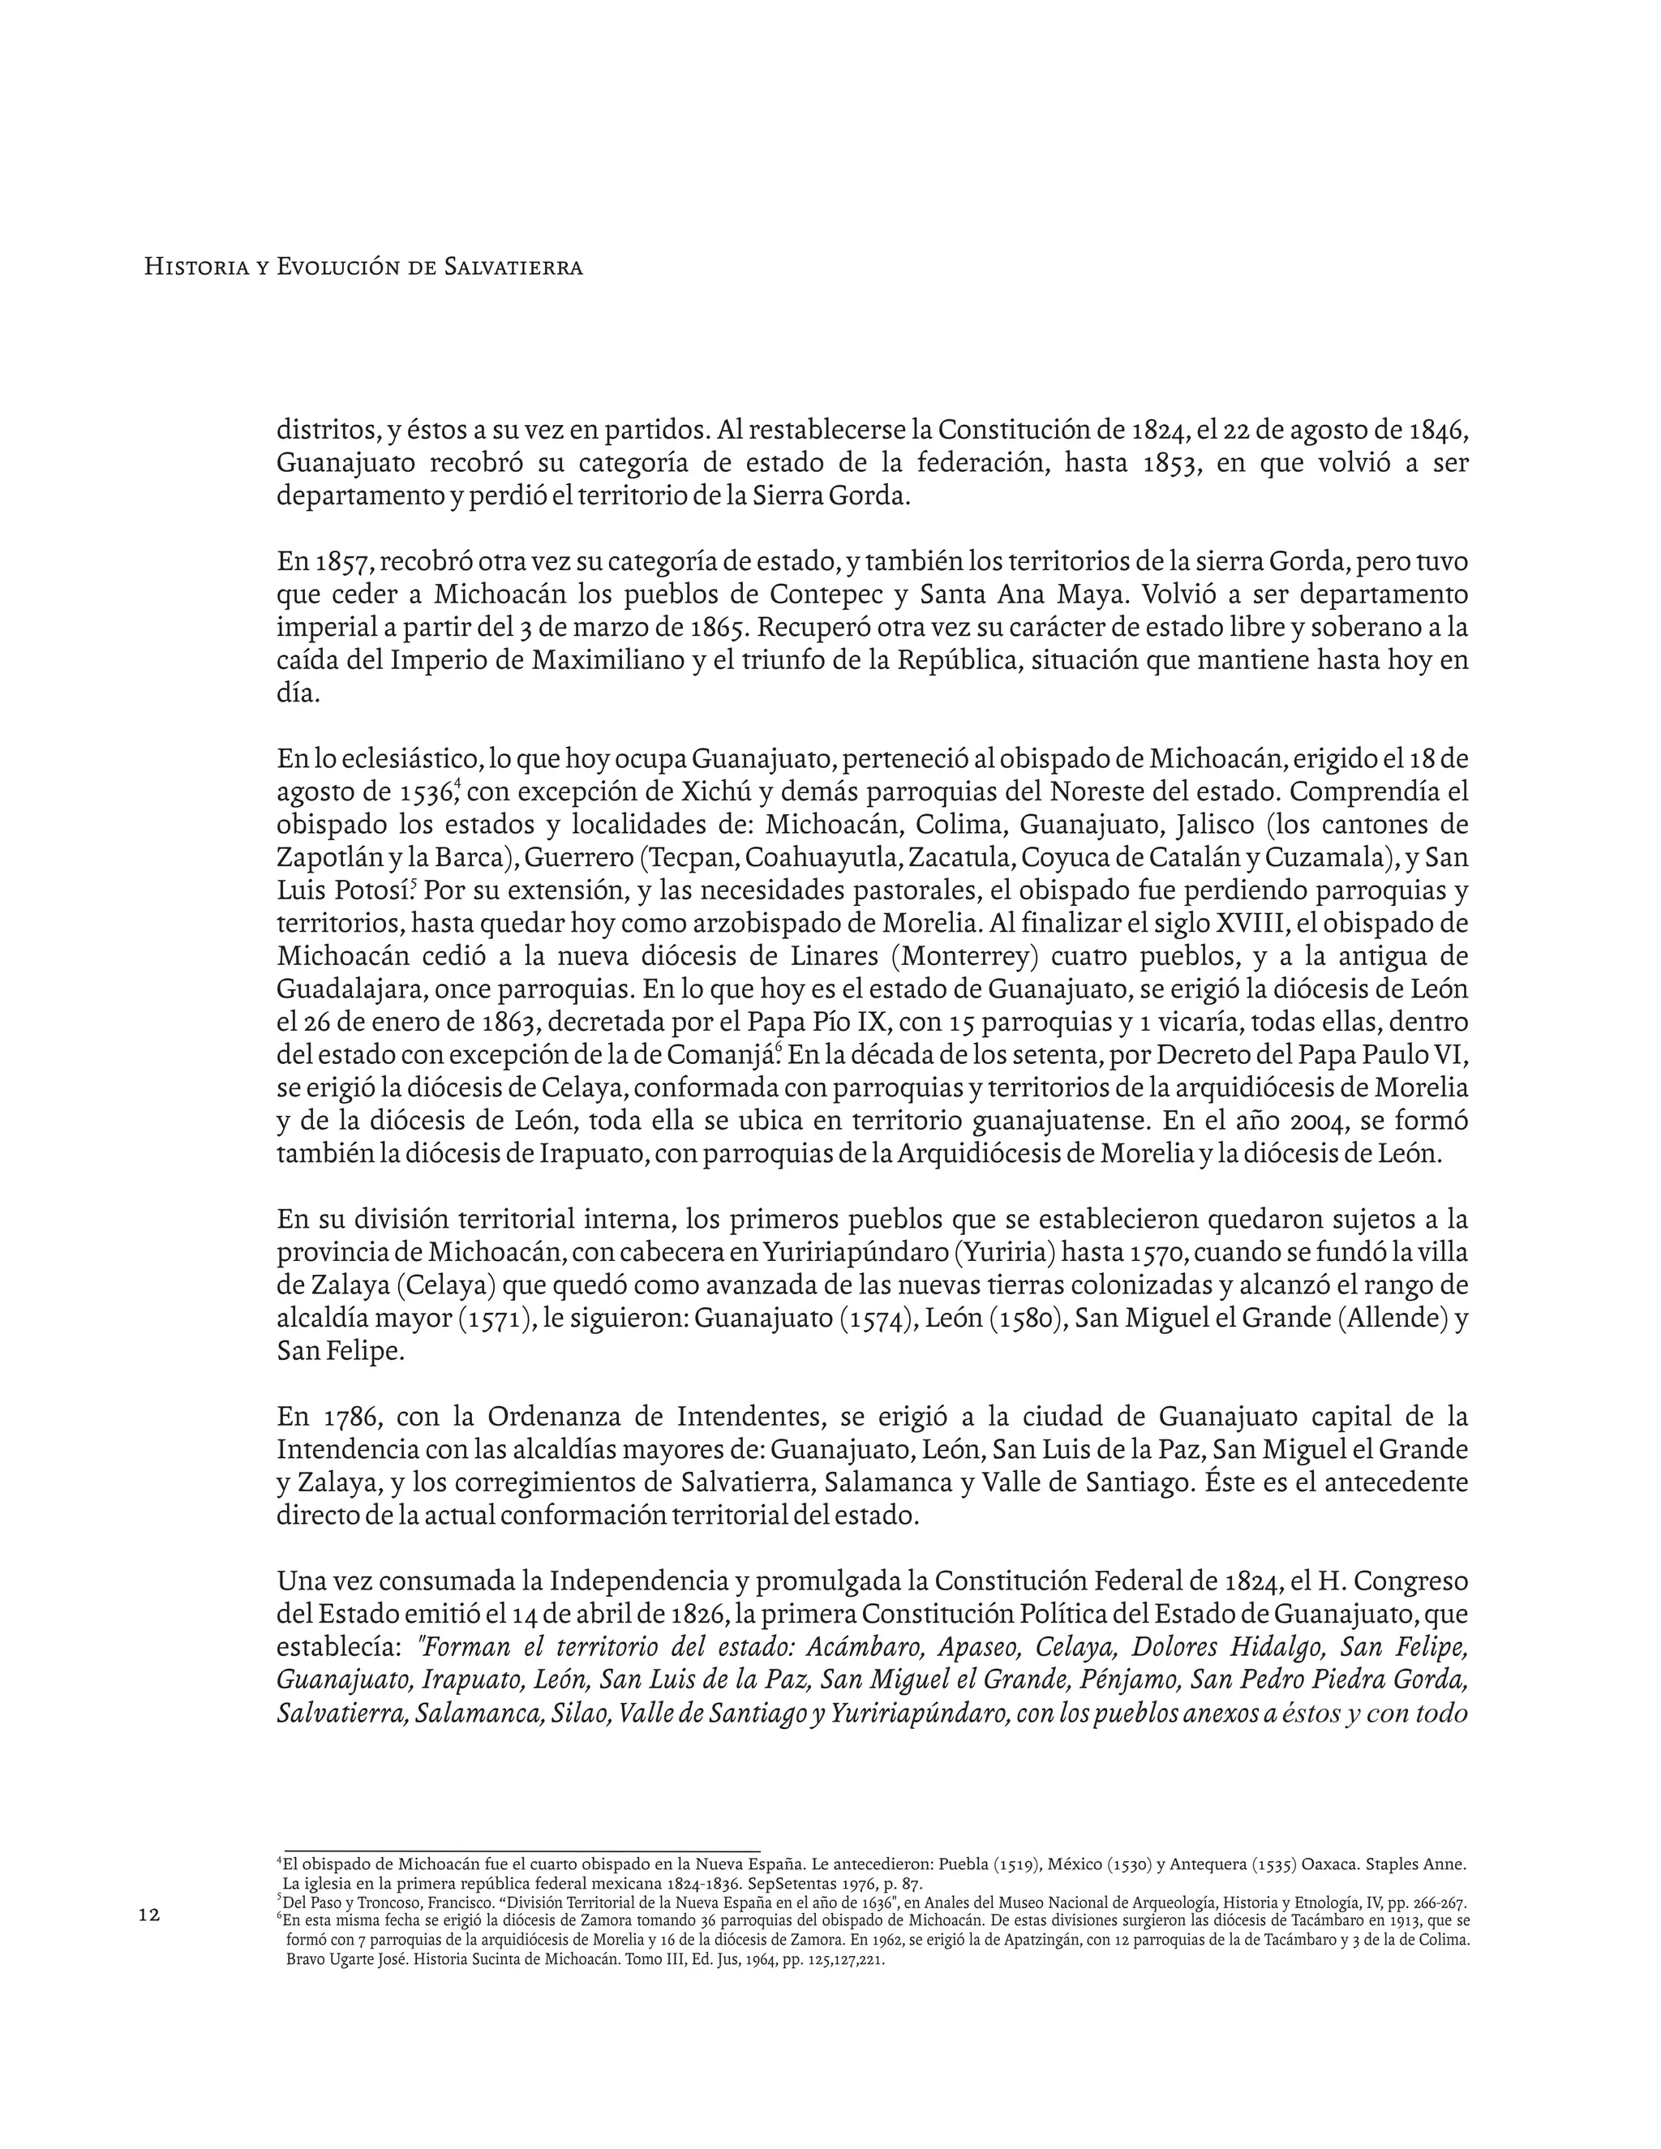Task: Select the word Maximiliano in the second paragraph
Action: click(x=607, y=660)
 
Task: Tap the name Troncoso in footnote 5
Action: click(x=369, y=1903)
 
